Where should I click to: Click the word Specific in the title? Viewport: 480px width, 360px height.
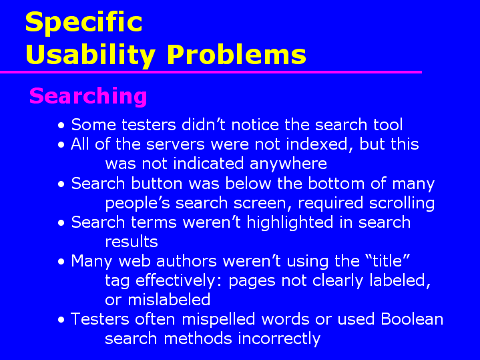[x=83, y=23]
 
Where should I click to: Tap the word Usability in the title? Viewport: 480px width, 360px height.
[x=91, y=55]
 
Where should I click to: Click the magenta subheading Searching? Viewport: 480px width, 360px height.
[x=88, y=96]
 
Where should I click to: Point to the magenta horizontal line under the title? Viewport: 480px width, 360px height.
[x=211, y=72]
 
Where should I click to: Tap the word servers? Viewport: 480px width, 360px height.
[x=175, y=145]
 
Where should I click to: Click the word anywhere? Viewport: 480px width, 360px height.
[x=288, y=164]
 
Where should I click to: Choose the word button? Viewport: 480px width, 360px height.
[x=157, y=184]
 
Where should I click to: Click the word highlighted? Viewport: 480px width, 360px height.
[x=290, y=222]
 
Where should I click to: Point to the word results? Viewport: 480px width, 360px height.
[x=132, y=242]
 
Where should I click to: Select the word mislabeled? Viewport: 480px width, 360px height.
[x=169, y=300]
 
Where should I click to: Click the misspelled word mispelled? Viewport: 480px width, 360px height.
[x=218, y=319]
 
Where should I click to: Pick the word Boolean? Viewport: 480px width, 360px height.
[x=412, y=319]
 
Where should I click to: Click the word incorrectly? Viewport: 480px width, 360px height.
[x=279, y=339]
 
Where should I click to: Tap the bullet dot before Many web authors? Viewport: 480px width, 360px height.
[x=61, y=262]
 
